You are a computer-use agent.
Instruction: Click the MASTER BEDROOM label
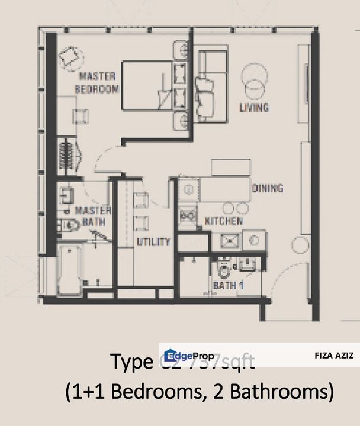(x=98, y=82)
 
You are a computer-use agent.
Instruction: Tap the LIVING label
(x=253, y=107)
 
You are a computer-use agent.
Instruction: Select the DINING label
(x=268, y=188)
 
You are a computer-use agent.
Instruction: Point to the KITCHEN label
(x=223, y=221)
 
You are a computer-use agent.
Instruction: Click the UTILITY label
(x=153, y=241)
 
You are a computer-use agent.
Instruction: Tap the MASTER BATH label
(x=89, y=216)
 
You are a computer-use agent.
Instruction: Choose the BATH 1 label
(x=229, y=286)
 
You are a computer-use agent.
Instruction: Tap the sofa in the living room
(x=212, y=86)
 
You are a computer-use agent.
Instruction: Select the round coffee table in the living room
(x=254, y=75)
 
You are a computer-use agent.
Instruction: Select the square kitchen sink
(x=229, y=240)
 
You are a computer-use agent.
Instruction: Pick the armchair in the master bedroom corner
(x=71, y=57)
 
